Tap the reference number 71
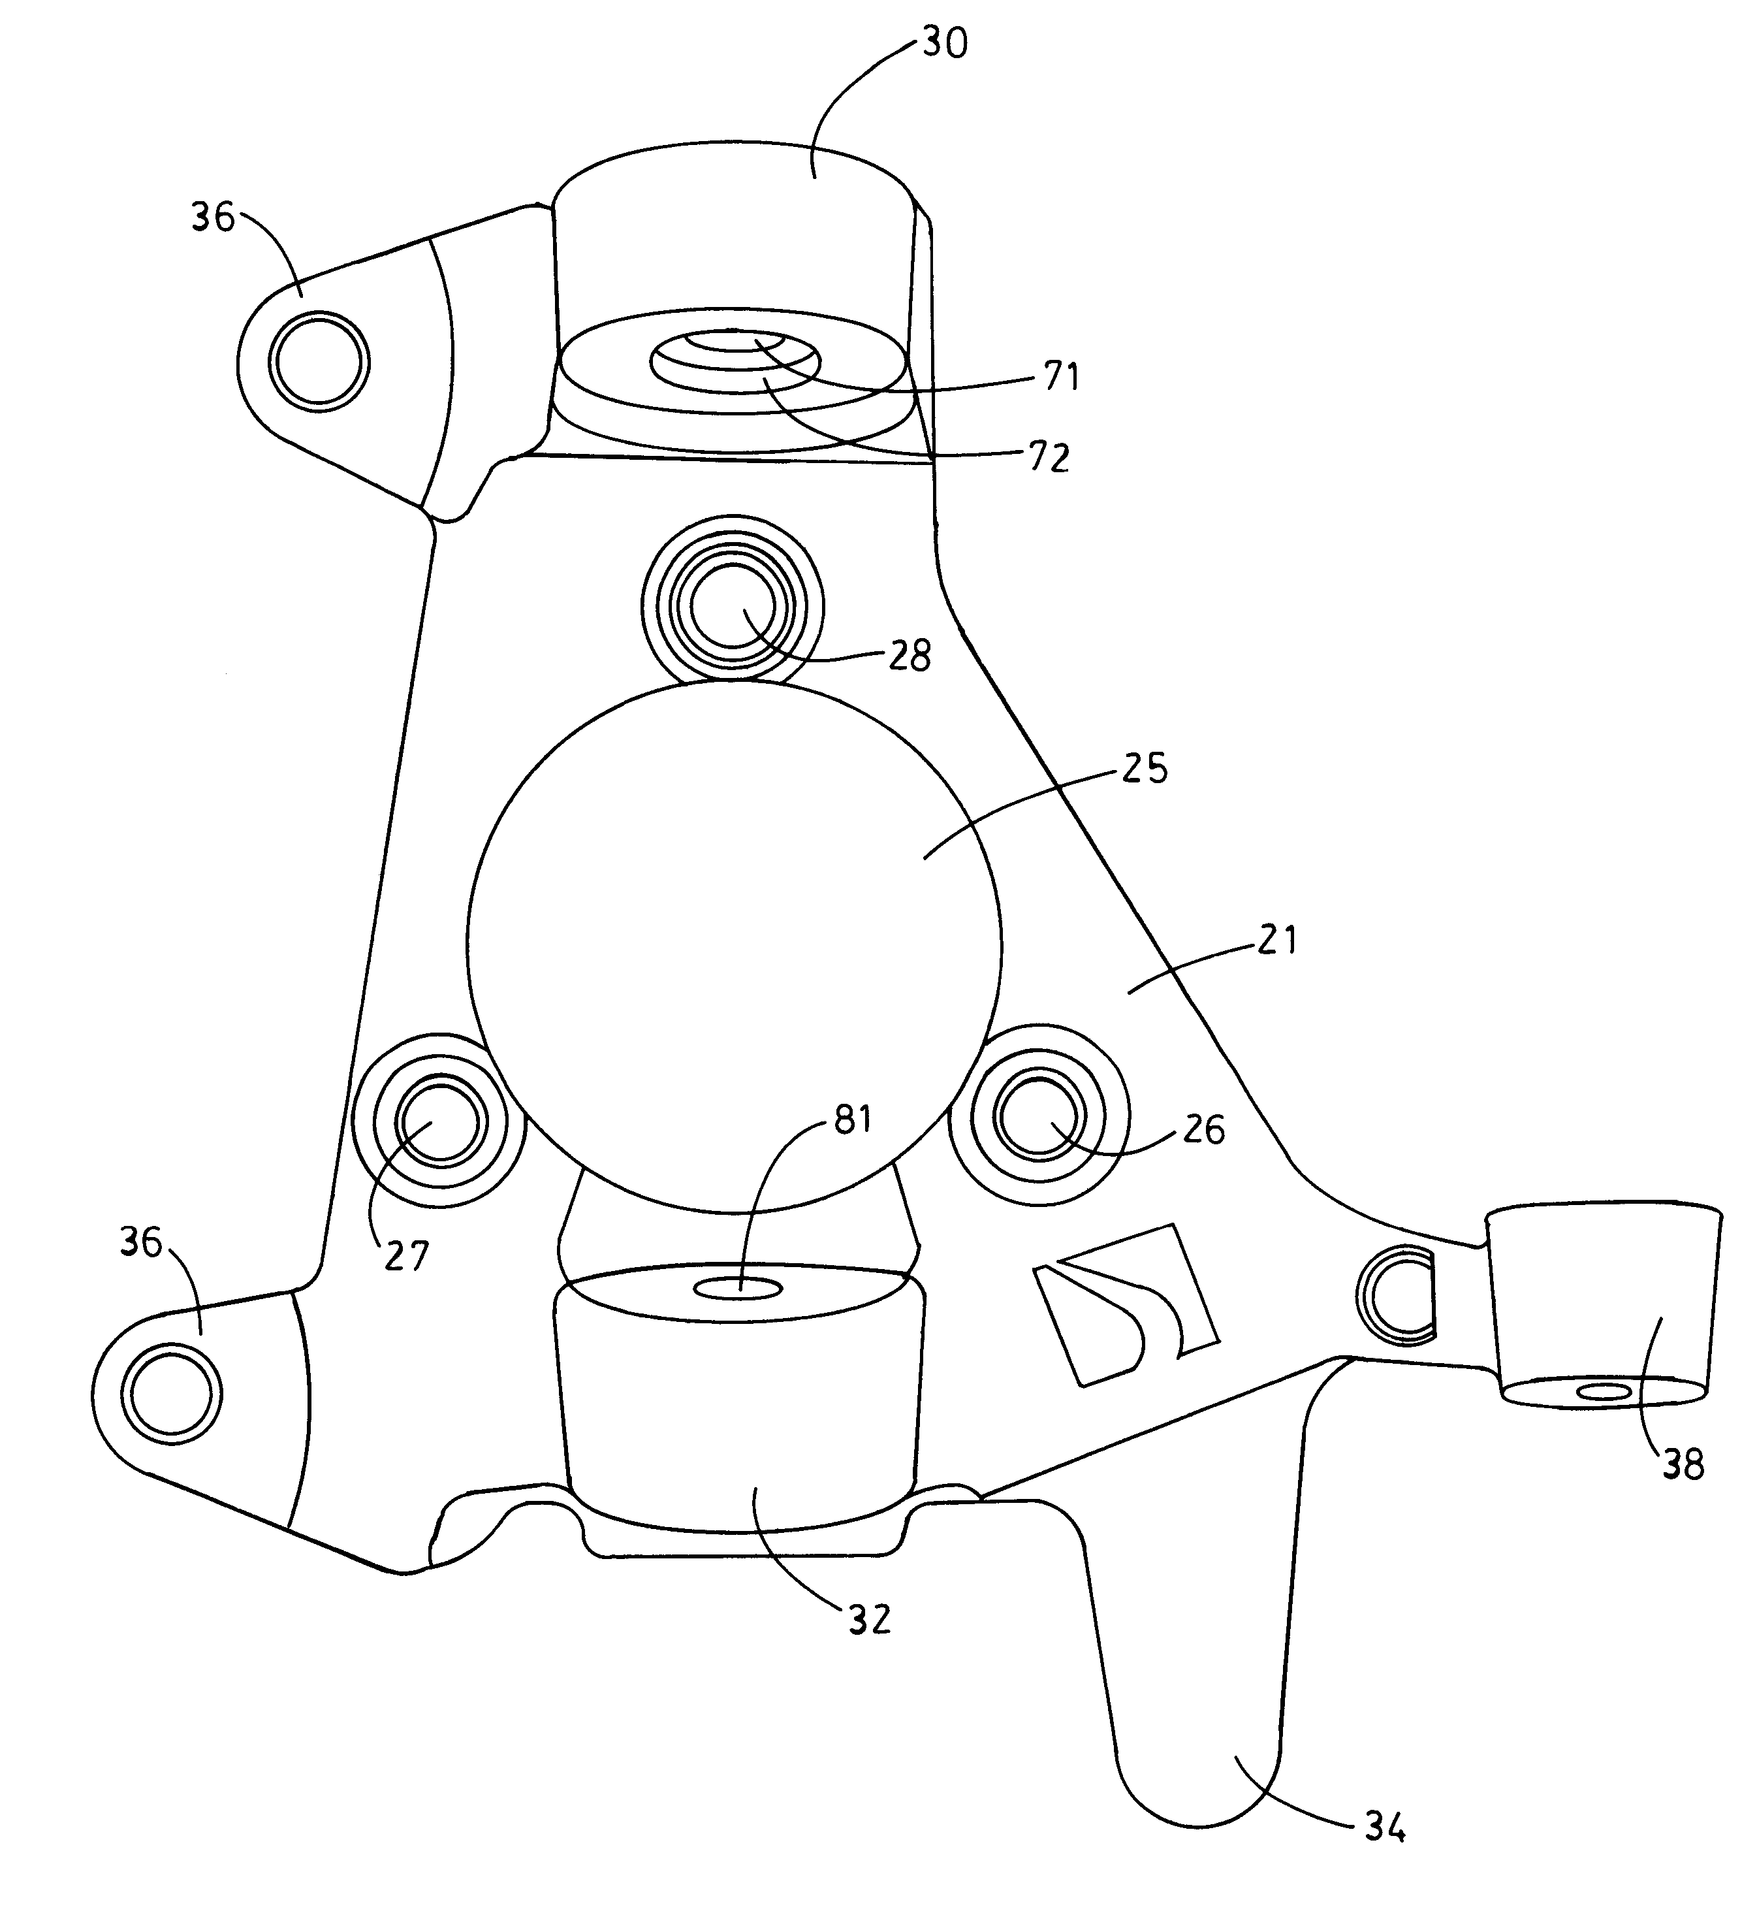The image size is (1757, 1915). [1061, 377]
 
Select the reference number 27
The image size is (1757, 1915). [406, 1256]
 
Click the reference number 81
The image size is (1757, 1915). [852, 1120]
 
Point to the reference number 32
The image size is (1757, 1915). [869, 1619]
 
